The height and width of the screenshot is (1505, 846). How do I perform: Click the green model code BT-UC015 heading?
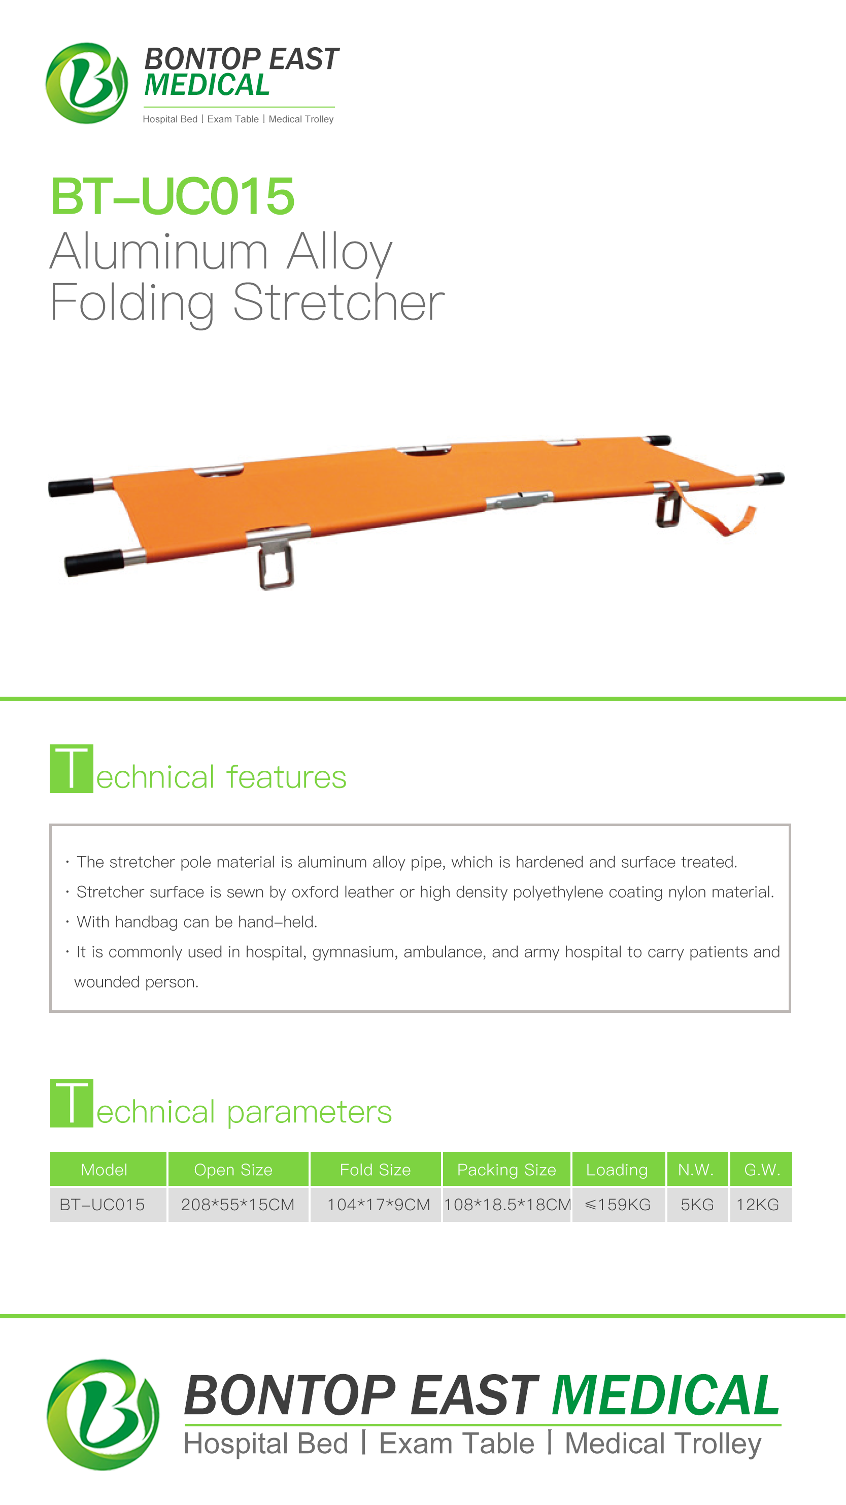[x=173, y=196]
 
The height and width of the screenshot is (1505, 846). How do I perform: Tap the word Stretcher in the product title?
[x=339, y=302]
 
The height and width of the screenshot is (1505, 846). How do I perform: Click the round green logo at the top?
[x=86, y=83]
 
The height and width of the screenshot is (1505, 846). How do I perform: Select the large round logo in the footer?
[x=103, y=1415]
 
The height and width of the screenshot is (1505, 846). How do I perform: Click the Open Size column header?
[x=233, y=1170]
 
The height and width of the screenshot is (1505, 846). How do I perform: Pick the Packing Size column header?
[x=506, y=1170]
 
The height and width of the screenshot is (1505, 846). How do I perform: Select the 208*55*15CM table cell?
[x=238, y=1205]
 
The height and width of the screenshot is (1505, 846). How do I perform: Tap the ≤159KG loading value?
[x=618, y=1205]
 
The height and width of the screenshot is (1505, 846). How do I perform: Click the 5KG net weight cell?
[x=697, y=1205]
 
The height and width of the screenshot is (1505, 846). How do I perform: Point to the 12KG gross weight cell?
[x=758, y=1205]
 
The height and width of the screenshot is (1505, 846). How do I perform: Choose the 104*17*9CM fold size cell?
[x=378, y=1205]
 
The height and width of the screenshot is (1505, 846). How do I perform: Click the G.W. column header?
[x=762, y=1170]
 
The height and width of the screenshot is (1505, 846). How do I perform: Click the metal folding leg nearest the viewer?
[x=276, y=564]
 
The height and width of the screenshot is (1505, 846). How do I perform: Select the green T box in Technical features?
[x=71, y=769]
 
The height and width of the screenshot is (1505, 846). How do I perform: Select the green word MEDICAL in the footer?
[x=665, y=1396]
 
